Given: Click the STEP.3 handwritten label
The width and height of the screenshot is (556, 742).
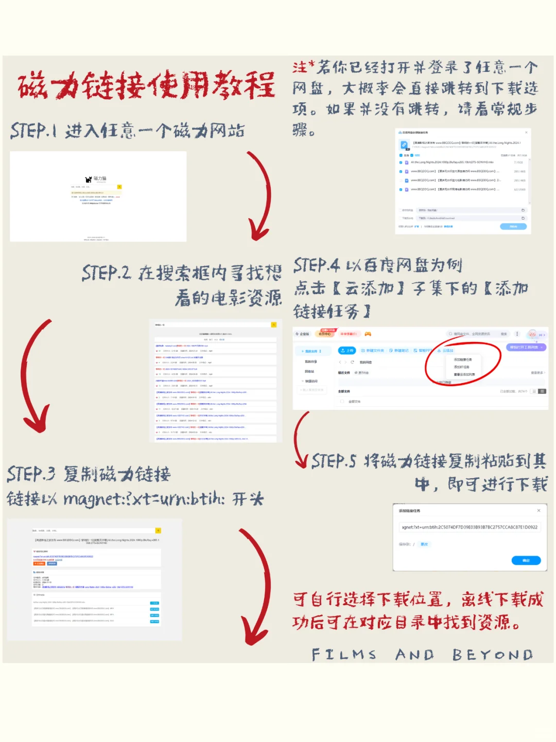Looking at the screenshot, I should (30, 474).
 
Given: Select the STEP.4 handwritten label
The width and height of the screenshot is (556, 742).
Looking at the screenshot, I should (316, 265).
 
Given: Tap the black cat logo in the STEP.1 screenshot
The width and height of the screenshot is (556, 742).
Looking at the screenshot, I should (89, 179).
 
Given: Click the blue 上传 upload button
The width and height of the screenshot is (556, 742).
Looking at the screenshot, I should (346, 350).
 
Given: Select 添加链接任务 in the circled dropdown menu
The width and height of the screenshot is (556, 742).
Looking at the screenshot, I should (462, 359).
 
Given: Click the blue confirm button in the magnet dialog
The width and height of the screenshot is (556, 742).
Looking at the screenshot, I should (526, 560).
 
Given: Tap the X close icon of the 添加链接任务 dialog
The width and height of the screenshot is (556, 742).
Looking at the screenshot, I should (538, 511).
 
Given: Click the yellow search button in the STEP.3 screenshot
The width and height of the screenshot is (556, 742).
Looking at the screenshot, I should (158, 530).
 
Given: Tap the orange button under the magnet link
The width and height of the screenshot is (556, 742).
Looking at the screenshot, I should (39, 563).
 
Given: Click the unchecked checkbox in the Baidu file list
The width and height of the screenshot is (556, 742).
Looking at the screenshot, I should (401, 180).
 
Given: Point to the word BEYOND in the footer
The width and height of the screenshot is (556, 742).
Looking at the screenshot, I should (492, 655).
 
